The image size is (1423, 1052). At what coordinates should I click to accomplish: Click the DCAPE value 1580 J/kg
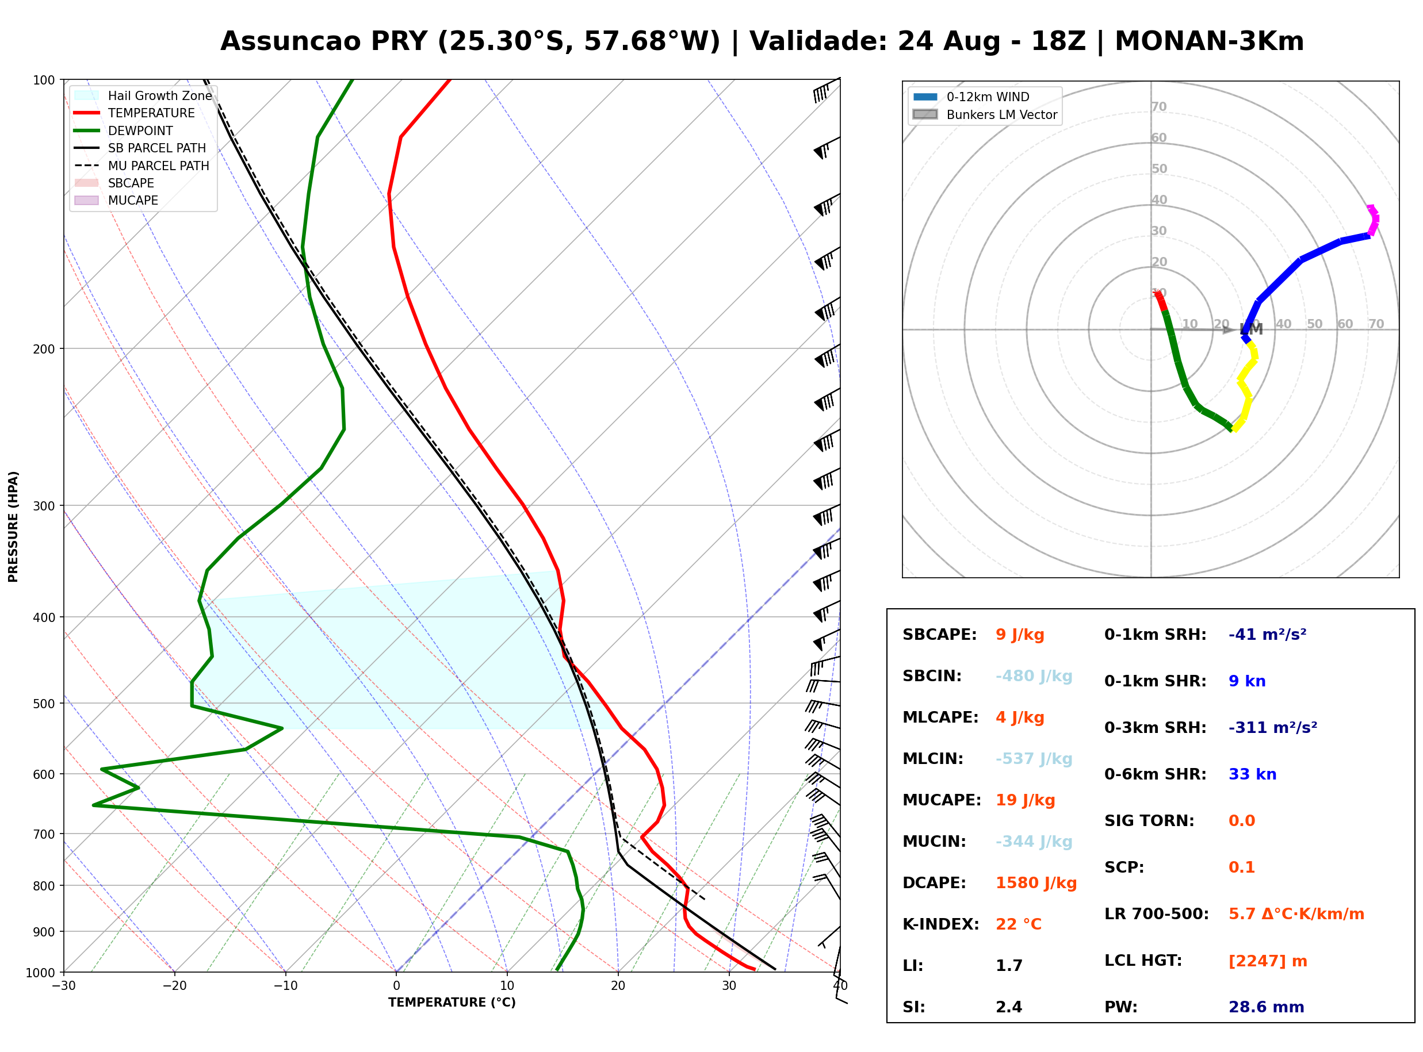point(1036,883)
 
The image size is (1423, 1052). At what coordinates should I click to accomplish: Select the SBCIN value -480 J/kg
point(1034,676)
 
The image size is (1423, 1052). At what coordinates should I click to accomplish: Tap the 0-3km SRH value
point(1273,728)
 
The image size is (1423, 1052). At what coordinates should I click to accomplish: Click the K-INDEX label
point(941,924)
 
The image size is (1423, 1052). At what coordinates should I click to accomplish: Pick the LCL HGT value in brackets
point(1268,961)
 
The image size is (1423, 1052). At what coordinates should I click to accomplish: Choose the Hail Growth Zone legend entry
point(144,95)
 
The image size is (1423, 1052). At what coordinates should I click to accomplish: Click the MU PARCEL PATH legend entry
point(143,166)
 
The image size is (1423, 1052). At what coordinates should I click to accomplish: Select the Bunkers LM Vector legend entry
point(985,114)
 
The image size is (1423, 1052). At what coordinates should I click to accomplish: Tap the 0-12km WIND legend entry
point(971,97)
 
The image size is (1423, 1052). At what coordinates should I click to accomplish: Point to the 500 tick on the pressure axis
point(44,704)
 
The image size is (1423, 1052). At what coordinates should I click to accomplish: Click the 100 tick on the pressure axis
point(44,80)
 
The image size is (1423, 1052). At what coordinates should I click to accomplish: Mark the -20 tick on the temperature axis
point(174,986)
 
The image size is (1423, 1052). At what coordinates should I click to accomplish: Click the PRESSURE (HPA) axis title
point(13,527)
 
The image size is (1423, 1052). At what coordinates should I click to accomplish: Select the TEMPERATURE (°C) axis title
point(452,1003)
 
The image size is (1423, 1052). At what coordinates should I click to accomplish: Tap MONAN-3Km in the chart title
point(1209,41)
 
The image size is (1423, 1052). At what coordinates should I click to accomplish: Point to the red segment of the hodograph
point(1160,301)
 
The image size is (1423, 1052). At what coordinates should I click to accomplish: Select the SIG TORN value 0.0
point(1241,821)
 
